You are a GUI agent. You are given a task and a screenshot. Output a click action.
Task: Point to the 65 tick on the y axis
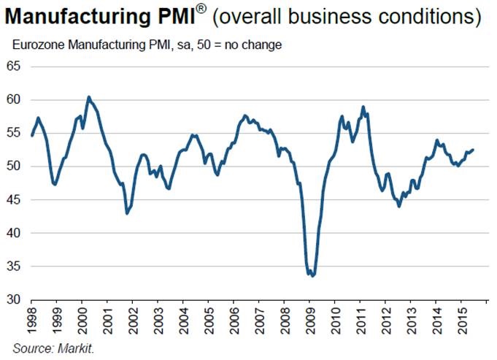click(14, 66)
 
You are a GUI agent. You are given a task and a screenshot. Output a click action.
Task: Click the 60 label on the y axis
click(14, 100)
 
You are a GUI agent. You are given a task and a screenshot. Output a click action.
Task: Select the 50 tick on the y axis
click(14, 166)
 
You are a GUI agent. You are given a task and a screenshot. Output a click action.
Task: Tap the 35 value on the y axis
click(14, 267)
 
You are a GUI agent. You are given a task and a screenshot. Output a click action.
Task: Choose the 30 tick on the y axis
click(14, 299)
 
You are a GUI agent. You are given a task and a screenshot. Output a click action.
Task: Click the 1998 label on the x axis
click(32, 320)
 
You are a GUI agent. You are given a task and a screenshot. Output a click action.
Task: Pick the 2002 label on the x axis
click(133, 320)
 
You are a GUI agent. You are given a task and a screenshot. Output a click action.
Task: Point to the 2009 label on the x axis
click(309, 320)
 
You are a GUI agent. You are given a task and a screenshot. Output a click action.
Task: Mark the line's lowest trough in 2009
click(312, 276)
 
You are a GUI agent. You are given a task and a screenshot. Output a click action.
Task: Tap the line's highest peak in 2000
click(88, 96)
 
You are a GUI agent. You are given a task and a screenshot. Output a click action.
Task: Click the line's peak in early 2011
click(363, 107)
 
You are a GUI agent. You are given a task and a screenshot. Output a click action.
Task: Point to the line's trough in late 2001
click(127, 213)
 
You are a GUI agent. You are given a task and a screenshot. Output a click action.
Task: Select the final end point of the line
click(473, 150)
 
